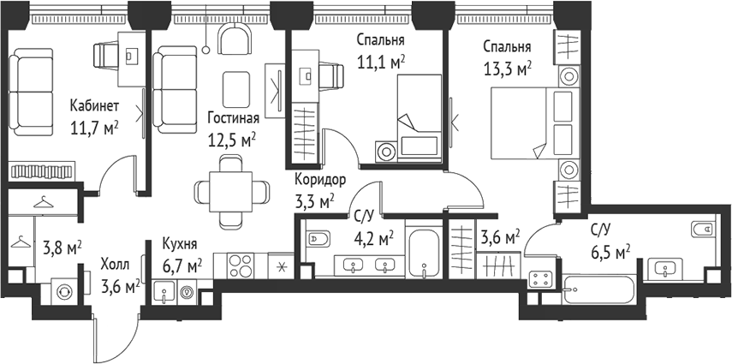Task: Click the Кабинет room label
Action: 94,106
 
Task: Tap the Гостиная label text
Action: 234,118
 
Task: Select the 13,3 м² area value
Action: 508,69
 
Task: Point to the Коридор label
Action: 320,180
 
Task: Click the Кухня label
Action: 180,244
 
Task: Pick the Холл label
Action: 114,265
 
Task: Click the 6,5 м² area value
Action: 610,254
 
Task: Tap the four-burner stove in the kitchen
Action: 241,266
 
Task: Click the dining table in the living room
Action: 231,191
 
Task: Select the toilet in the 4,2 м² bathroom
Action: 319,239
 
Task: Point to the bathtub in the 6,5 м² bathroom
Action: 598,289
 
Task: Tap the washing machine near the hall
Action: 62,291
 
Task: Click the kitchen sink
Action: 164,293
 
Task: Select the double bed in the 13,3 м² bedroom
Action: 533,122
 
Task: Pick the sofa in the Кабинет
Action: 31,92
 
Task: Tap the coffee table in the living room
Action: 235,89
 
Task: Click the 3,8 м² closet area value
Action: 62,248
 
